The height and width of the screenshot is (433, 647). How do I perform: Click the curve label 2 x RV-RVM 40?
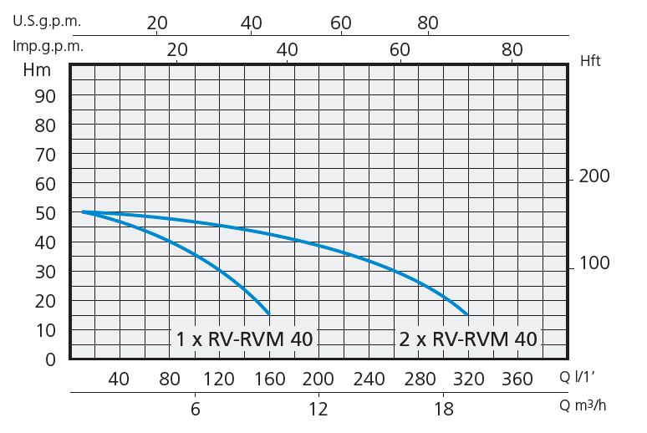point(468,339)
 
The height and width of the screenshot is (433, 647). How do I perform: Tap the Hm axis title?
point(38,70)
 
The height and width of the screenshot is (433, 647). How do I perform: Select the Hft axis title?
point(590,60)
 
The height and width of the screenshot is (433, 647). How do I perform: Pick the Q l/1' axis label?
point(583,379)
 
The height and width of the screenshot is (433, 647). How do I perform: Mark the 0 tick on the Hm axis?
point(50,359)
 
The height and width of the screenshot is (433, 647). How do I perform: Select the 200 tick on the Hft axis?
point(595,176)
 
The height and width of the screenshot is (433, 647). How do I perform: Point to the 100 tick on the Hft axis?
point(595,263)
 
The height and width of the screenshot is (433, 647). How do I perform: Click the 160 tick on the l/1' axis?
point(268,380)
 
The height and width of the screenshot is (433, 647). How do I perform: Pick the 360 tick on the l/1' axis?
point(517,380)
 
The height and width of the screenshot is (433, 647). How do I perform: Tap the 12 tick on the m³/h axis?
point(318,409)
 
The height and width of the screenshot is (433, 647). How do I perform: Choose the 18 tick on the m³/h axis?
point(444,409)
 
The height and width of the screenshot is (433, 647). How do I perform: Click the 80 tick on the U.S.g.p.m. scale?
point(427,23)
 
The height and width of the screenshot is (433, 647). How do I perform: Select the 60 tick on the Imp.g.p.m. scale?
point(400,50)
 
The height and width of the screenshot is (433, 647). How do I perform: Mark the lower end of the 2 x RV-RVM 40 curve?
point(467,314)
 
